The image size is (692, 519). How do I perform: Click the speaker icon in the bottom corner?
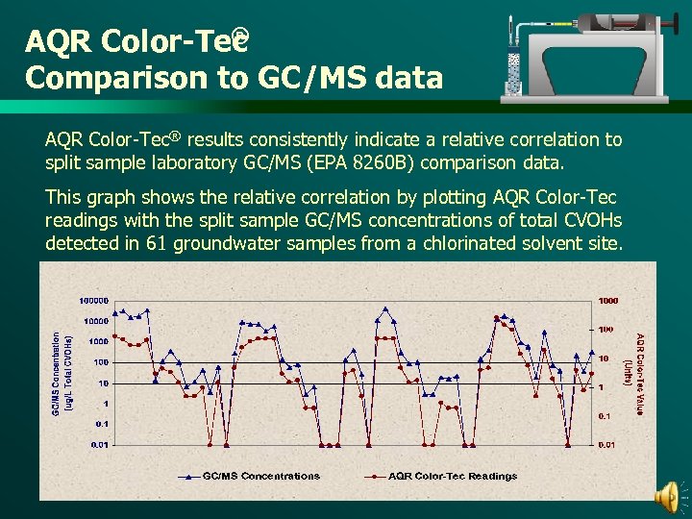pyautogui.click(x=665, y=497)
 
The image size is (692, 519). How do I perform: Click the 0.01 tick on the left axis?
pyautogui.click(x=98, y=444)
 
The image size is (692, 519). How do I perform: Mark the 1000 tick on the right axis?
pyautogui.click(x=608, y=301)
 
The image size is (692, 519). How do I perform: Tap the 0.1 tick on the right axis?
pyautogui.click(x=605, y=416)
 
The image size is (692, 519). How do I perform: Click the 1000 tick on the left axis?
pyautogui.click(x=98, y=342)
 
